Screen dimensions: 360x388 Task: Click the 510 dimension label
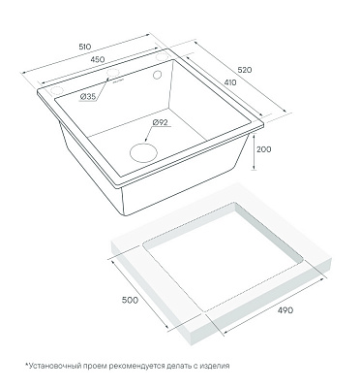click(85, 47)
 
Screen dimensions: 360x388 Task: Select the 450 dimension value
click(98, 59)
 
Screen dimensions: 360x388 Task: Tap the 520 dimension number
click(244, 70)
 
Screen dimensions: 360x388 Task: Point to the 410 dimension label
click(229, 82)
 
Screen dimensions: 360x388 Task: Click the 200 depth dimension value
click(264, 149)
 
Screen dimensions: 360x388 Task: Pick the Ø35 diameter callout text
click(87, 96)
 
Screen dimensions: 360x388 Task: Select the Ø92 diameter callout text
click(160, 122)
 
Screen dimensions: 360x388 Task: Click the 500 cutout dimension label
click(130, 300)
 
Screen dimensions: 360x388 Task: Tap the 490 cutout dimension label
click(285, 310)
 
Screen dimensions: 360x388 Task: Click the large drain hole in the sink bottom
click(143, 152)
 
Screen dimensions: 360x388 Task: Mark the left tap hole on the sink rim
click(56, 91)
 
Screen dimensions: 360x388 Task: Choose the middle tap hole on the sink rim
click(112, 74)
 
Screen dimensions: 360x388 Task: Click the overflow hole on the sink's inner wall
click(157, 75)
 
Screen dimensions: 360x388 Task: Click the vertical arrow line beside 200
click(255, 152)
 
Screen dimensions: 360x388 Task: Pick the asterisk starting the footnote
click(27, 365)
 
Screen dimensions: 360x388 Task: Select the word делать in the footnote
click(178, 367)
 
